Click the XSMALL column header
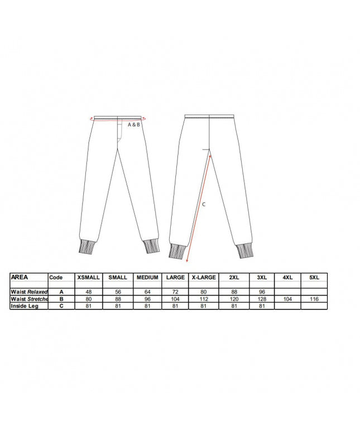tap(88, 277)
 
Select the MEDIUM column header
tap(147, 277)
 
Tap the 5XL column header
tap(314, 277)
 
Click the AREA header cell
tap(20, 277)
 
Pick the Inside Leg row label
tap(25, 306)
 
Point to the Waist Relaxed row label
tap(29, 292)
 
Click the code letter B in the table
tap(61, 299)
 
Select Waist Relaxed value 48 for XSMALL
tap(88, 292)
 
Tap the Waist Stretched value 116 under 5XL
tap(314, 299)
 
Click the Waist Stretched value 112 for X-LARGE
tap(204, 299)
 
